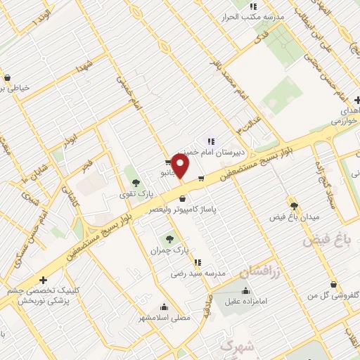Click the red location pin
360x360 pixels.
pyautogui.click(x=181, y=167)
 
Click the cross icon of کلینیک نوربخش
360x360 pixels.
pyautogui.click(x=44, y=279)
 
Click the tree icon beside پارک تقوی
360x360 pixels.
pyautogui.click(x=136, y=182)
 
